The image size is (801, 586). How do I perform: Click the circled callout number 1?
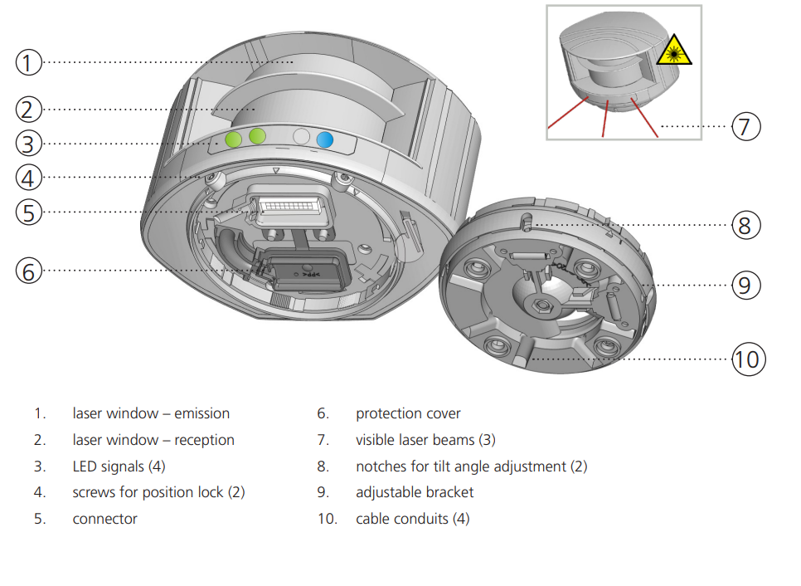click(28, 62)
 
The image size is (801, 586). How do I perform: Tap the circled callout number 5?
click(28, 212)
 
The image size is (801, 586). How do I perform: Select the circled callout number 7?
click(745, 127)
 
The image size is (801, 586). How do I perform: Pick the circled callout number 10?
click(747, 359)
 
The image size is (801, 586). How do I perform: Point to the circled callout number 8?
click(746, 225)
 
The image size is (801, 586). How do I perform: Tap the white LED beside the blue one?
click(302, 138)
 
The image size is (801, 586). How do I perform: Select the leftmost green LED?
click(234, 139)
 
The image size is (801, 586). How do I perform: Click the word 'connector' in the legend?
click(104, 519)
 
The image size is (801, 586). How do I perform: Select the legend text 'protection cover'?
click(408, 413)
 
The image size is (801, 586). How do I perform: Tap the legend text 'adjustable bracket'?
click(415, 492)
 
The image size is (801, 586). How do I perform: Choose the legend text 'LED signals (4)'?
click(119, 466)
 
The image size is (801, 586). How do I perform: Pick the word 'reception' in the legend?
click(204, 440)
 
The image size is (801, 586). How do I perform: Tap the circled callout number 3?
click(28, 144)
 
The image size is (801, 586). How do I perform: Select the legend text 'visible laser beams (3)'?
click(425, 440)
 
